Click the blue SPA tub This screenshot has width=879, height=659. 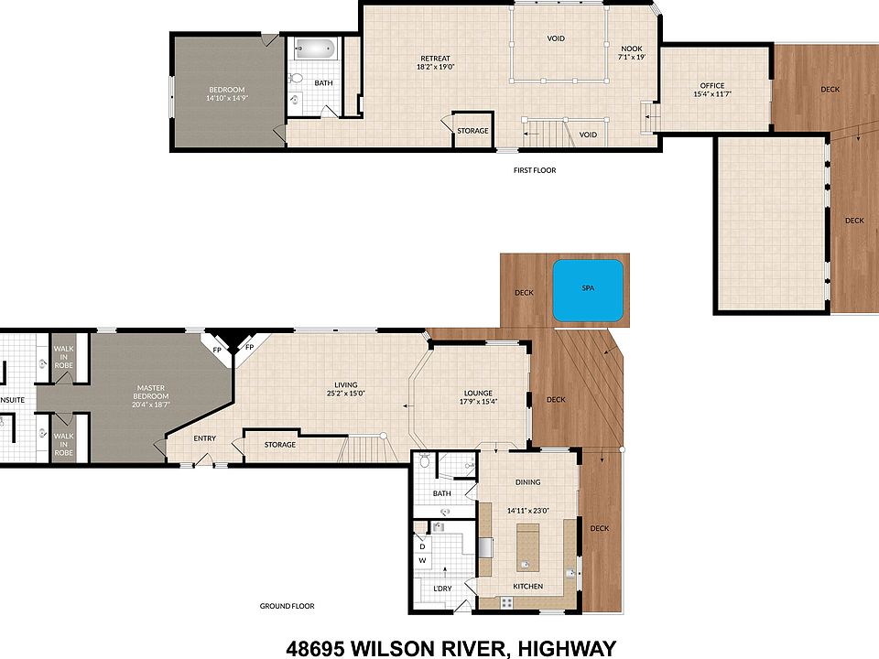click(588, 289)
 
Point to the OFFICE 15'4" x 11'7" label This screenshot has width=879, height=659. click(711, 89)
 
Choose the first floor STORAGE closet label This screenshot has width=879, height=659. click(472, 131)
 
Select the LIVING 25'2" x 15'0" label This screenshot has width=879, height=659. click(345, 389)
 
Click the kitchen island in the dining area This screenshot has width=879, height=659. click(528, 544)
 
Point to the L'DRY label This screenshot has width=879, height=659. click(442, 588)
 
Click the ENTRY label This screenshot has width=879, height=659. click(205, 438)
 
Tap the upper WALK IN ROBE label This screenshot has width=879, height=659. click(63, 356)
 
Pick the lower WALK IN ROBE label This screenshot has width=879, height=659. click(63, 444)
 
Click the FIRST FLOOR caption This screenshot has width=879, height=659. click(535, 170)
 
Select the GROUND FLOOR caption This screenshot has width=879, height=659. click(288, 606)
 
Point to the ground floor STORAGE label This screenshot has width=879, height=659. click(280, 445)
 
